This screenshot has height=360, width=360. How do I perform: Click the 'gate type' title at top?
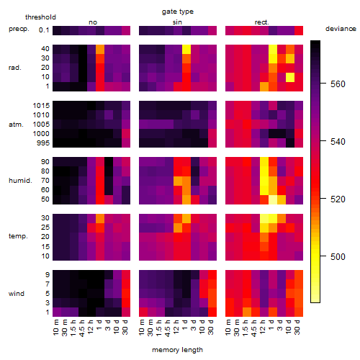click(178, 12)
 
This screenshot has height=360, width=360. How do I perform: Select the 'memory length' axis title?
click(177, 350)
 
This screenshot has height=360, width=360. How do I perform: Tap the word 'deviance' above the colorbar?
click(341, 29)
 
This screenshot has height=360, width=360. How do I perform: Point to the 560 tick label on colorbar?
click(338, 84)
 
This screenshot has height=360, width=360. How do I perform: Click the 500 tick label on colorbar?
click(338, 256)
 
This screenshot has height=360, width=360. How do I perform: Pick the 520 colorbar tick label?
click(338, 199)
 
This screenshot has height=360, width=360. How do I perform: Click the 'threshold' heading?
click(40, 17)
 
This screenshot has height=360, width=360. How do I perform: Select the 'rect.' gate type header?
click(261, 22)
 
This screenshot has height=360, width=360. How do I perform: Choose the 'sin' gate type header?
click(177, 22)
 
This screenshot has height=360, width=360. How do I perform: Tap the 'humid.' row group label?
click(20, 181)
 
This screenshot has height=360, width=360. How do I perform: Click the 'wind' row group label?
click(17, 294)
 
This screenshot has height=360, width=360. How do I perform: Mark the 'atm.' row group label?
click(16, 125)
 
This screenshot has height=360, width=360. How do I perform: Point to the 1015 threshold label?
click(41, 106)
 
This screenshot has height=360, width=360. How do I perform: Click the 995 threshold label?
click(43, 143)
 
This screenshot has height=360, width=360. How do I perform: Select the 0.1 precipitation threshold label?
click(44, 30)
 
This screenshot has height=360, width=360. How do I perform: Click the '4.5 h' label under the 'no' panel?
click(83, 328)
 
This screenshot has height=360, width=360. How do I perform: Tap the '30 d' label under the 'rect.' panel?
click(298, 327)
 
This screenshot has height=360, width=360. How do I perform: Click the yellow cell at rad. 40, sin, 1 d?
click(186, 49)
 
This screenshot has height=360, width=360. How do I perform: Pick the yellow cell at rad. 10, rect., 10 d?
click(290, 77)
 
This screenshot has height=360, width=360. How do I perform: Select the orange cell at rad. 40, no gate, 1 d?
click(100, 49)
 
